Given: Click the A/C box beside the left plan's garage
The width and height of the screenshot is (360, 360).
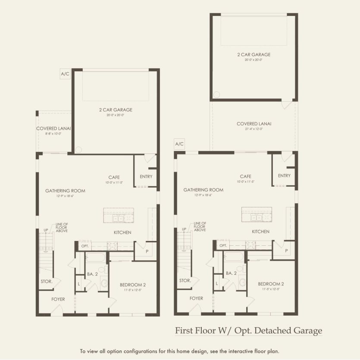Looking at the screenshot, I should click(65, 74).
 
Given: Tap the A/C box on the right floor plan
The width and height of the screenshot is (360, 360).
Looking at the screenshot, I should click(179, 144).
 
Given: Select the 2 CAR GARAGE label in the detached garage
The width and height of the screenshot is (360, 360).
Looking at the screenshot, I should click(254, 55).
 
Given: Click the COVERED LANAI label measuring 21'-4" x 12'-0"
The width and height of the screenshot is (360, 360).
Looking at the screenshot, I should click(254, 124).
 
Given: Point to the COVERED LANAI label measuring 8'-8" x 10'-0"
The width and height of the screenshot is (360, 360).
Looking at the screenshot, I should click(53, 128).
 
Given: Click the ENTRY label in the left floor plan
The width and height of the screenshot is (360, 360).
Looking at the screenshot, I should click(146, 176).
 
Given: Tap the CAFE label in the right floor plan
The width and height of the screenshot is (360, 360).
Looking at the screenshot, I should click(246, 176).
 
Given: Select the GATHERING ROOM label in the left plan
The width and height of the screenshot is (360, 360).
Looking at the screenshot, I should click(65, 191).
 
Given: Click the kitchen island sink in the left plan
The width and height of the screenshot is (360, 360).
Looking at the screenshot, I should click(118, 219).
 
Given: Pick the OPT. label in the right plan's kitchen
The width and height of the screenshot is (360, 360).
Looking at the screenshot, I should click(223, 245).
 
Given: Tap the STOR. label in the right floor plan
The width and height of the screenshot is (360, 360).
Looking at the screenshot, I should click(185, 281).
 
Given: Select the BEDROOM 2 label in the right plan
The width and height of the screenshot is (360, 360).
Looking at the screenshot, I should click(271, 284).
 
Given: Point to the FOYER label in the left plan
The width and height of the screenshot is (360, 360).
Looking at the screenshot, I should click(58, 298).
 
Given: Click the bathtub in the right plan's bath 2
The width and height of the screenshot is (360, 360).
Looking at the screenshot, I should click(233, 257).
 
